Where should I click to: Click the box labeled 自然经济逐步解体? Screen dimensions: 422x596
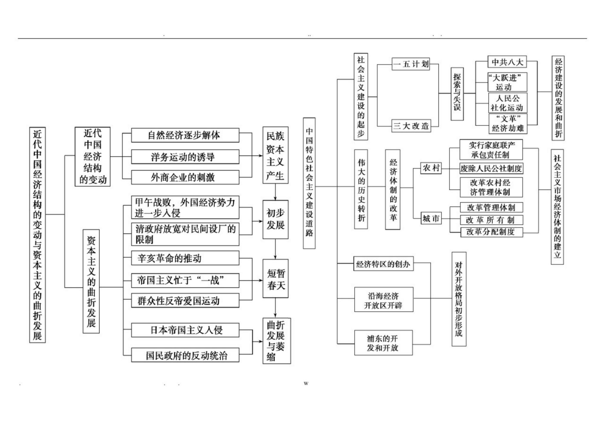coord(185,135)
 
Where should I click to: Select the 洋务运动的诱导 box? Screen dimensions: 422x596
coord(185,157)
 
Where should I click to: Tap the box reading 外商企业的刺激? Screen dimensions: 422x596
coord(185,177)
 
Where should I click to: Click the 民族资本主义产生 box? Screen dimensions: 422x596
coord(275,155)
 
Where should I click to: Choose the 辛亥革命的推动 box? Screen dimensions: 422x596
coord(185,258)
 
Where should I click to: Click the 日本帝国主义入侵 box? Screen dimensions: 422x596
coord(185,330)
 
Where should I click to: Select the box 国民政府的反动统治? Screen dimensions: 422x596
coord(185,355)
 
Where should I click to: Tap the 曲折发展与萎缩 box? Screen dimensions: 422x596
coord(276,341)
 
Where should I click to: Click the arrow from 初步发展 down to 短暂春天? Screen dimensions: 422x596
coord(275,249)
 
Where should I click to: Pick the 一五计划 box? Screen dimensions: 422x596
coord(411,64)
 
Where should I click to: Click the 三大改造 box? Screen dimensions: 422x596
coord(411,126)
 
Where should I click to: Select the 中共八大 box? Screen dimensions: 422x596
coord(507,62)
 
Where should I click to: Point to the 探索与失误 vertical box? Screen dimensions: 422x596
coord(457,94)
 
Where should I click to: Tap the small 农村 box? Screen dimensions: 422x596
coord(431,168)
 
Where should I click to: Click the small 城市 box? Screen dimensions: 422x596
coord(431,219)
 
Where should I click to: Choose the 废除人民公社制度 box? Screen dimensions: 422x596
coord(491,169)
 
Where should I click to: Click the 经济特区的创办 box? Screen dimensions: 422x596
coord(384,264)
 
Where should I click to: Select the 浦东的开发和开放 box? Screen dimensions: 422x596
coord(383,343)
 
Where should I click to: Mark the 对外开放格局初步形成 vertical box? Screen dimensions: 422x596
coord(459,299)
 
